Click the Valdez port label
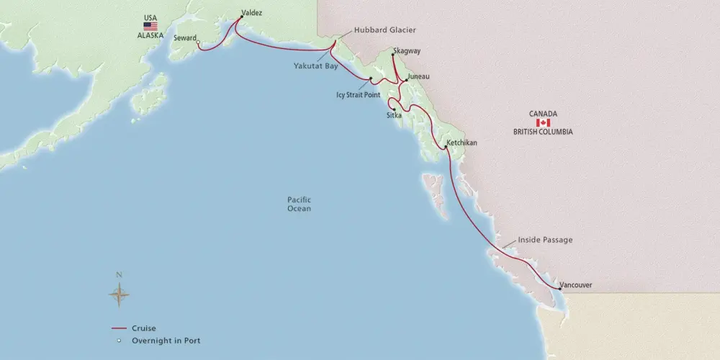coord(253,12)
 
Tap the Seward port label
coord(185,38)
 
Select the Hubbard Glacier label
coord(385,30)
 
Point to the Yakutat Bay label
coord(315,65)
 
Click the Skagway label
coord(407,51)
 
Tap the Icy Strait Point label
coord(359,94)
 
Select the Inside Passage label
coord(545,240)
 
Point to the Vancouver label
coord(575,285)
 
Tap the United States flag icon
coord(150,26)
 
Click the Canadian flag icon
coord(543,123)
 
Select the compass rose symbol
coord(120,293)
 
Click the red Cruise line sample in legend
coord(119,328)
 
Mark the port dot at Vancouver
coord(559,289)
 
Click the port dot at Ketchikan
coord(447,148)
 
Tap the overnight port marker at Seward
coord(199,42)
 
